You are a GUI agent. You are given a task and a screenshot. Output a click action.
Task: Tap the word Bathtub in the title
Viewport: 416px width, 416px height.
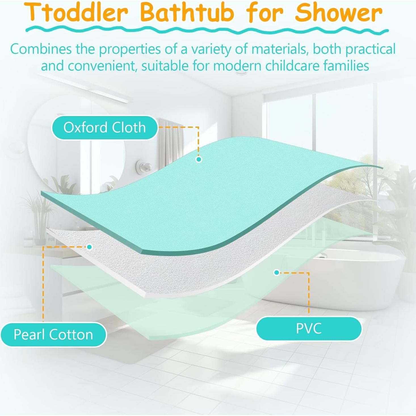coord(187,13)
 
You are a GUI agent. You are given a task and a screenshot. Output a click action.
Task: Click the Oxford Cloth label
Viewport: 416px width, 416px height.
coord(104,127)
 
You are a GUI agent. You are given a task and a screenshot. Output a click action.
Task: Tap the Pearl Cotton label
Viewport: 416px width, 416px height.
coord(53,335)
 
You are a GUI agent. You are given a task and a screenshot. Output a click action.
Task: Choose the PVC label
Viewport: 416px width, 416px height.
coord(309,329)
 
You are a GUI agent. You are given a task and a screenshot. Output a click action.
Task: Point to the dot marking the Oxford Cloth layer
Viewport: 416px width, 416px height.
coord(199,159)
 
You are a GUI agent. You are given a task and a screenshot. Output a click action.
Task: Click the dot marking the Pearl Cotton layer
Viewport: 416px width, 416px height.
coord(90,247)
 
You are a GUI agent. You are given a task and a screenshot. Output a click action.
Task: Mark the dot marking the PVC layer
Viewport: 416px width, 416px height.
coord(276,273)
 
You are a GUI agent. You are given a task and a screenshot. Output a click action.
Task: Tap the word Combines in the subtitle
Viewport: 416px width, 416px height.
coord(41,49)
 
